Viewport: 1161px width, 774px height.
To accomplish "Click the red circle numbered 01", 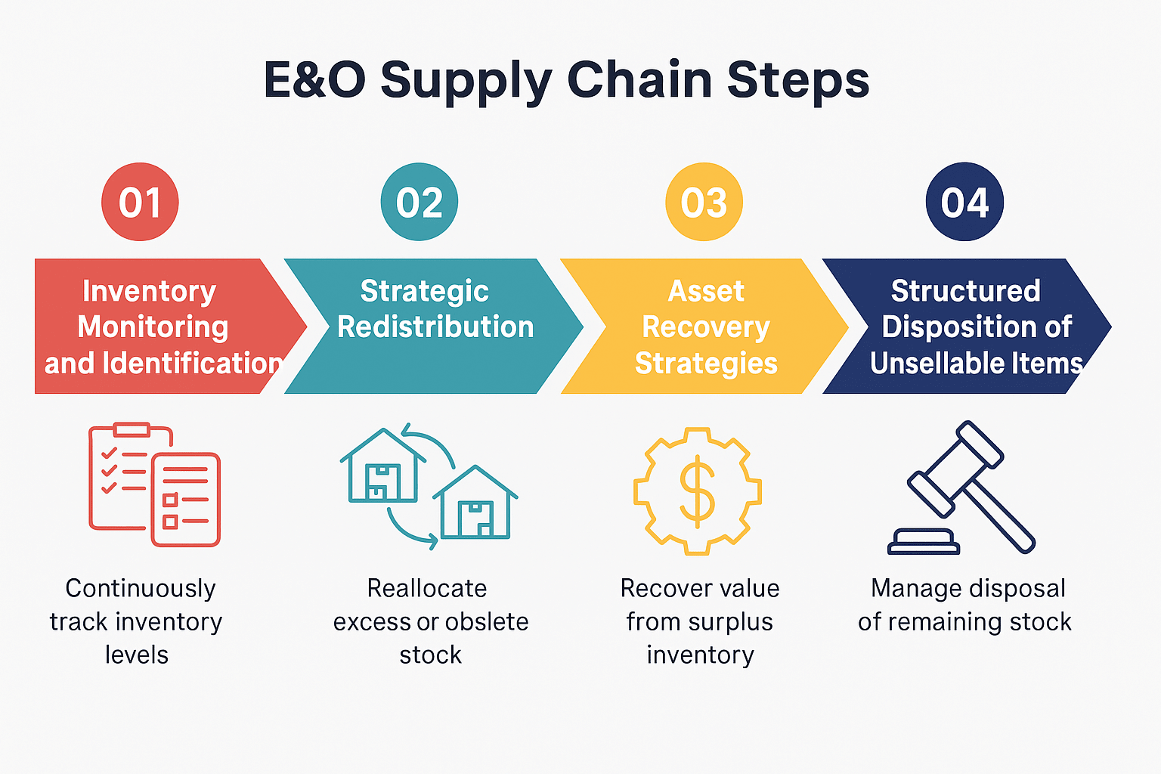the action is click(140, 202).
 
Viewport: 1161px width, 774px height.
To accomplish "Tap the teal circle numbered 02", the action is click(420, 202).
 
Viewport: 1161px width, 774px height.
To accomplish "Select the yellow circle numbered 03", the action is click(704, 202).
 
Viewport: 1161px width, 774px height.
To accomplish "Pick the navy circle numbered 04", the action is click(964, 202).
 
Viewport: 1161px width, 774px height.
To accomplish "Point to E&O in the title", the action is click(314, 79).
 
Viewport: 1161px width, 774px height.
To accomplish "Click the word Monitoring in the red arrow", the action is click(153, 327).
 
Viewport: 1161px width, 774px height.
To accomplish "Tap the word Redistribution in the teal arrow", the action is click(435, 327).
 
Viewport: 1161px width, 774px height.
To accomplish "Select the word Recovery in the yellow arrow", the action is click(705, 327).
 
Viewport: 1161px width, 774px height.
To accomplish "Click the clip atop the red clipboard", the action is click(132, 429).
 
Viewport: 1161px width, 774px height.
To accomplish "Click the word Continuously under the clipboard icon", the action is click(141, 588).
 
